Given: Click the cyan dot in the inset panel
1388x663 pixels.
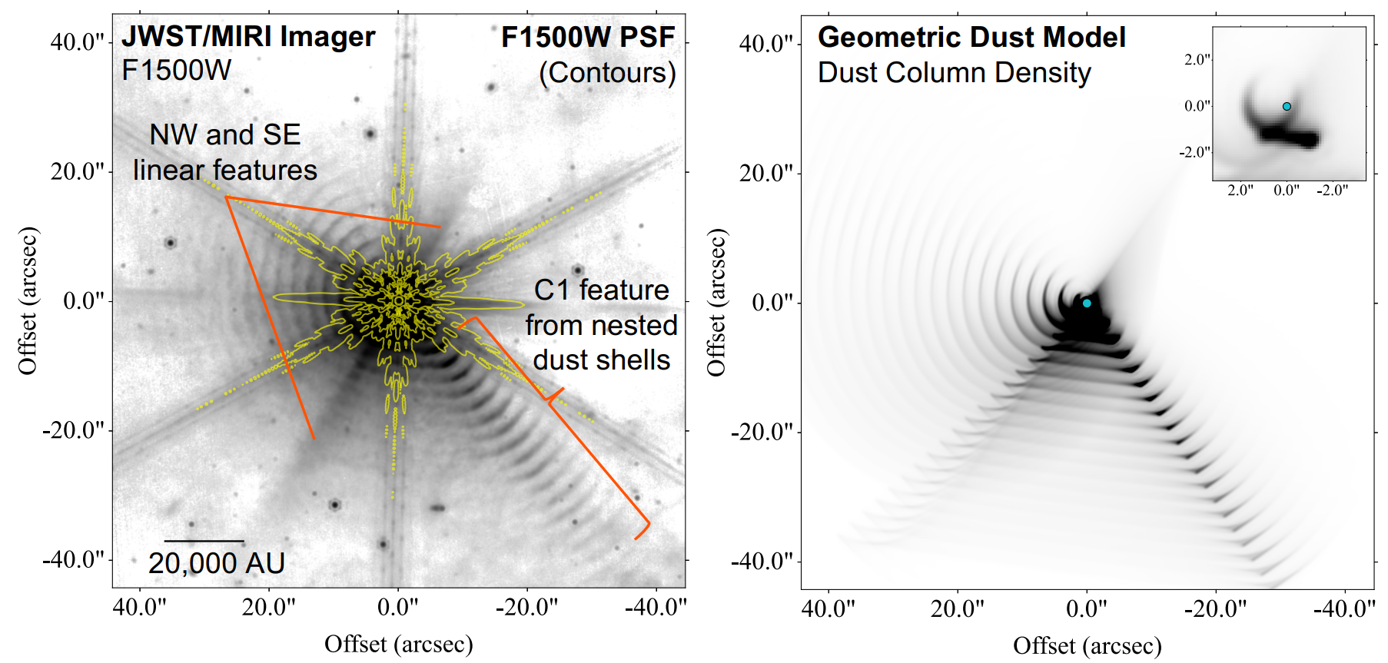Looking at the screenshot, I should [1287, 106].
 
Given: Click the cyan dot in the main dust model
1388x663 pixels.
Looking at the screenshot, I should [1087, 303].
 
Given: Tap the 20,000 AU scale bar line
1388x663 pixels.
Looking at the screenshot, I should [204, 541].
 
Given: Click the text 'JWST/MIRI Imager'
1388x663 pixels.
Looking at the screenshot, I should [248, 37].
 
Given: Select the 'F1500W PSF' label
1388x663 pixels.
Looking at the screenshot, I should [588, 37].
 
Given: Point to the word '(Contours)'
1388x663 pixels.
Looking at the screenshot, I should [607, 73].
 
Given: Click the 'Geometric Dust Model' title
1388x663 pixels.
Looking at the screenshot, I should [971, 37].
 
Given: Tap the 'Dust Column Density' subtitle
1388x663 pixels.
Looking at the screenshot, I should [954, 73].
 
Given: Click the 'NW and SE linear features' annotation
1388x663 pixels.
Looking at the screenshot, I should [225, 152].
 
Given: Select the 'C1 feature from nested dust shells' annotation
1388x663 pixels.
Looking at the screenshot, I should [601, 325].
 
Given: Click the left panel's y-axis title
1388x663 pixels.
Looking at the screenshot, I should [28, 301].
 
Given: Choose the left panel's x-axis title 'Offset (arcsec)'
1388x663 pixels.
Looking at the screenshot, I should [398, 644].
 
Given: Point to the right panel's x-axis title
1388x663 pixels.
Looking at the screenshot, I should [1087, 645].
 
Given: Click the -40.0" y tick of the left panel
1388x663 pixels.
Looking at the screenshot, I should [73, 559].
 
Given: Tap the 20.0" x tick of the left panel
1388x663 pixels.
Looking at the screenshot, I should [268, 607].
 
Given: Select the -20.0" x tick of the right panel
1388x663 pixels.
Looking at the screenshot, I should [1215, 608].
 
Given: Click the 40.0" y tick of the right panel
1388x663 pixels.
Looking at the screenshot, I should [765, 44].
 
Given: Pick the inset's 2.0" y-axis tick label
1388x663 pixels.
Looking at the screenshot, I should [1197, 59].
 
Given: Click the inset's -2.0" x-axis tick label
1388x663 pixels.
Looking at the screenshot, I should [1332, 190].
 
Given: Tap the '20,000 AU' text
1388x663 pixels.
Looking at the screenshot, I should [217, 564].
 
